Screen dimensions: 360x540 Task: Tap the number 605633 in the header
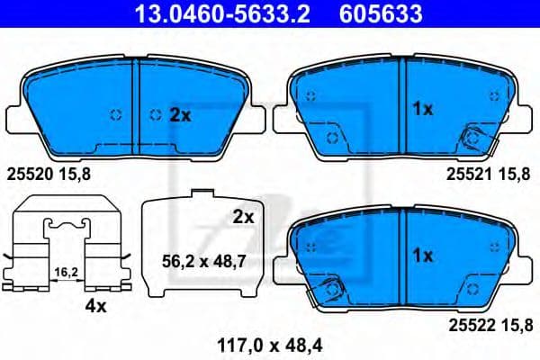click(x=381, y=13)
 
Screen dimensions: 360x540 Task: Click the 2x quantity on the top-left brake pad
click(x=180, y=114)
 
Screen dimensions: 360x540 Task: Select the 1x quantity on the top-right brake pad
click(x=423, y=109)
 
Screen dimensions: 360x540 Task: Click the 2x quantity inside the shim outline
click(x=243, y=217)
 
